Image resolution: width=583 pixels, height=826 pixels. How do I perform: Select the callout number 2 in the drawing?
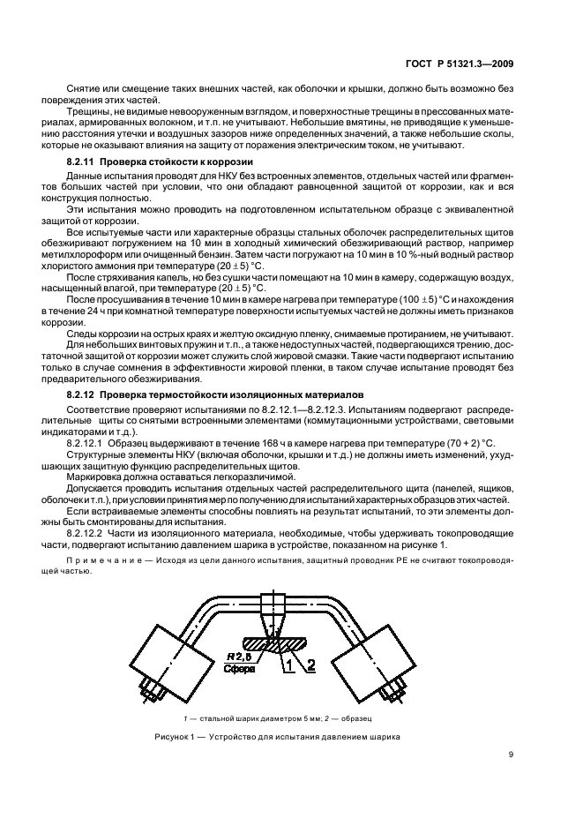310,667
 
